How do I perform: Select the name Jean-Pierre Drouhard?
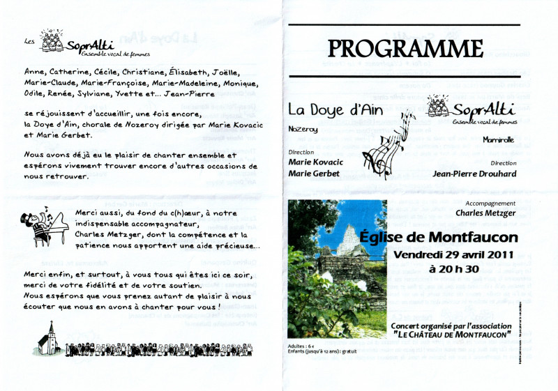(x=474, y=174)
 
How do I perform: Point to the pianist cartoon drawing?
(x=47, y=227)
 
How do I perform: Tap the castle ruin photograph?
(x=337, y=268)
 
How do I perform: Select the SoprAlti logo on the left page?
(x=70, y=43)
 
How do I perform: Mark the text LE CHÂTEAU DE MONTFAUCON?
(x=451, y=335)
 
